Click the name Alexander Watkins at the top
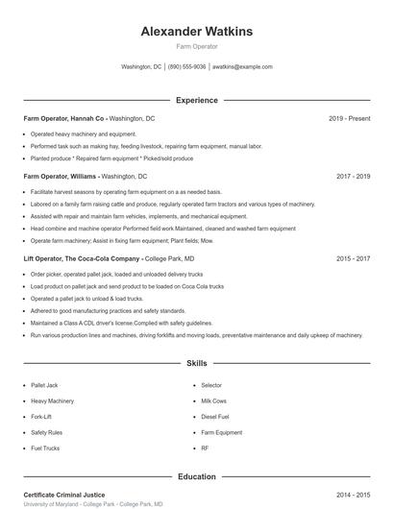tap(197, 31)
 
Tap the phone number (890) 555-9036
tap(186, 67)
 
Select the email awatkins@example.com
tap(242, 67)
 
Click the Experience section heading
tap(197, 100)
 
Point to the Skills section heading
tap(197, 365)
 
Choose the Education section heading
tap(197, 476)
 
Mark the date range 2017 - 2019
tap(354, 177)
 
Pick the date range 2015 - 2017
tap(354, 259)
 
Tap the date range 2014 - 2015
tap(354, 495)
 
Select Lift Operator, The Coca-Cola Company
tap(82, 259)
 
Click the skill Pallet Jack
tap(44, 385)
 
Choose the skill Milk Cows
tap(213, 400)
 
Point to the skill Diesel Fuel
tap(215, 417)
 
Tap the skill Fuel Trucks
tap(45, 448)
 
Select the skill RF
tap(205, 448)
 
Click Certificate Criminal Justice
tap(64, 495)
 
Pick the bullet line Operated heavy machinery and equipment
tap(84, 133)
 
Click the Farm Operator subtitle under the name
tap(197, 46)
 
